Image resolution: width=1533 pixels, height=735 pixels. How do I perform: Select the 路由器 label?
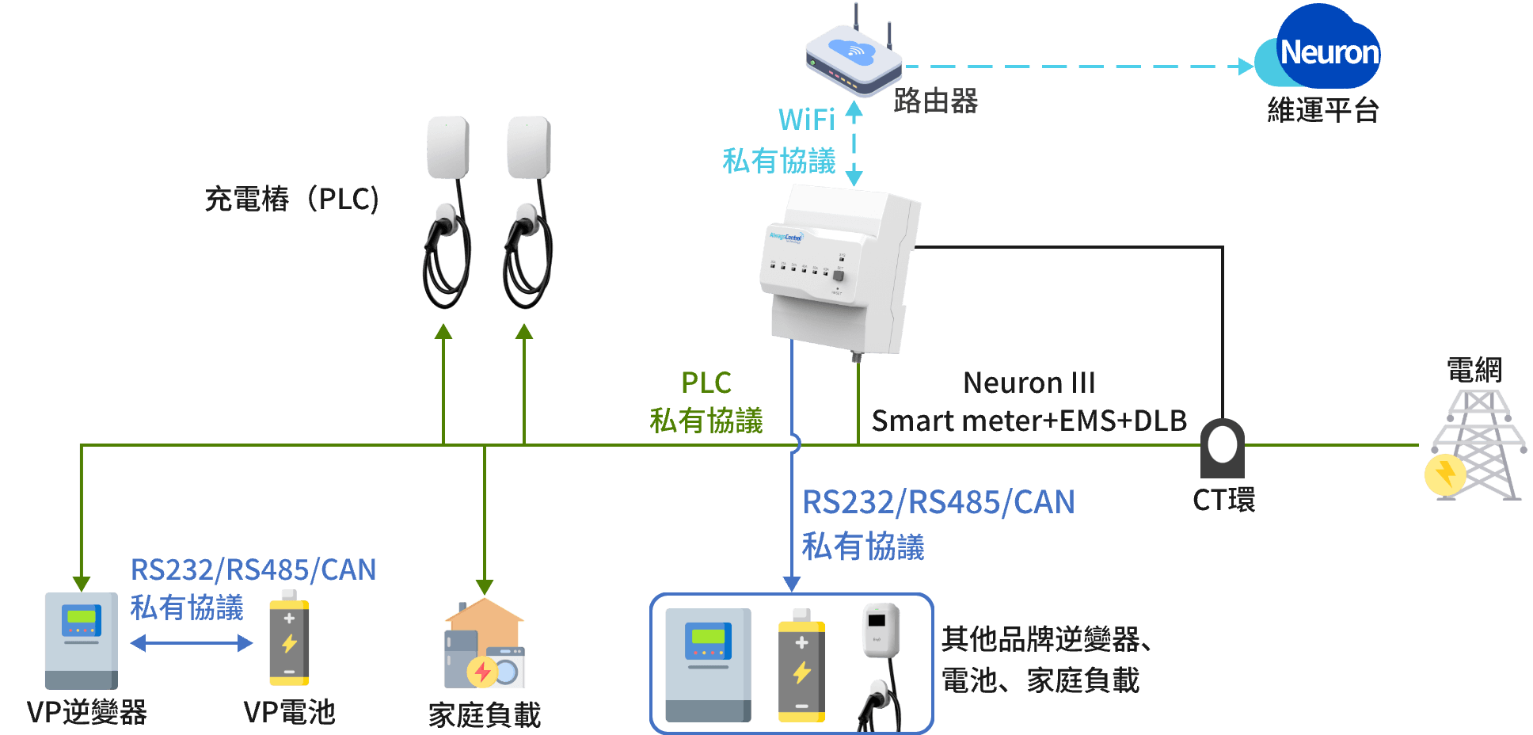[x=936, y=101]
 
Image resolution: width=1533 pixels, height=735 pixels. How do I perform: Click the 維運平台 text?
[x=1322, y=110]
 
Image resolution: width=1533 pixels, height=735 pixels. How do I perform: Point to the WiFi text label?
[x=806, y=120]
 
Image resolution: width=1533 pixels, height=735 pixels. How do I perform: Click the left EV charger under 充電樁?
[x=447, y=210]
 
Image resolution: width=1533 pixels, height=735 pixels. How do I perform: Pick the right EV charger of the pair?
[x=528, y=210]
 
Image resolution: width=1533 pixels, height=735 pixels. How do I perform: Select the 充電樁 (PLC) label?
[x=291, y=199]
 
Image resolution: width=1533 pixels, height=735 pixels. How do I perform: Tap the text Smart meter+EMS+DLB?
[x=1029, y=421]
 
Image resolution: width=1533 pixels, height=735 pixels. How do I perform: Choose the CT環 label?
[x=1223, y=500]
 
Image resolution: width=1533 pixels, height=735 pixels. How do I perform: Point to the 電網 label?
[x=1474, y=370]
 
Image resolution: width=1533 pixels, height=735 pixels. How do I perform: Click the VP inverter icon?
[x=82, y=640]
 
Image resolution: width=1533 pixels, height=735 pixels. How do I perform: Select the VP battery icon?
[x=289, y=638]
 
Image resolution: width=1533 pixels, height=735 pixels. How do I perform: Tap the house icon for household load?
[x=485, y=643]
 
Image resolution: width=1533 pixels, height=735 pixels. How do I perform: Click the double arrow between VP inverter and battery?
[x=191, y=643]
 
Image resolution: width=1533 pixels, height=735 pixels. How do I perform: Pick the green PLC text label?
[x=706, y=383]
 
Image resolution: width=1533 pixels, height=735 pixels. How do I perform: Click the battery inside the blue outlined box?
[x=801, y=666]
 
